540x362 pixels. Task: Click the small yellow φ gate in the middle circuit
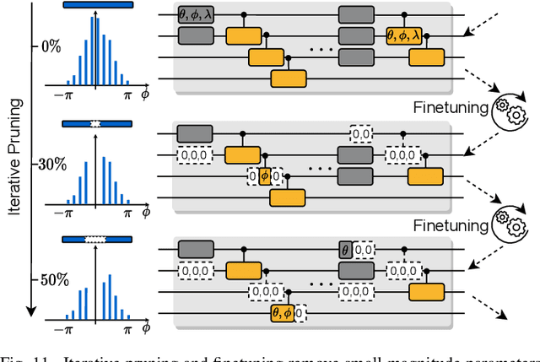tap(264, 176)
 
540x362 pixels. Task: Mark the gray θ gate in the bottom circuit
tap(345, 250)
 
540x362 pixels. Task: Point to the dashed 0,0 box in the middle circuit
tap(362, 133)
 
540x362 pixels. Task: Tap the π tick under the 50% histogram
tap(127, 327)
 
